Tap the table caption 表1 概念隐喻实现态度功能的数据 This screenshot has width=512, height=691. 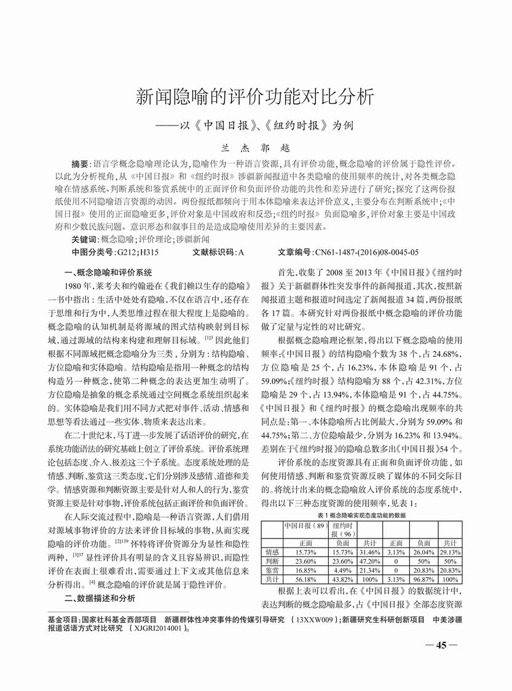(x=361, y=515)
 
